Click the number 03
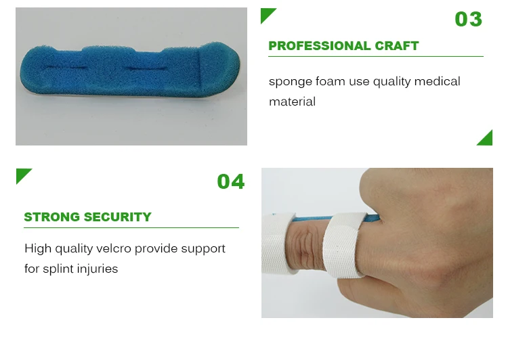pos(468,19)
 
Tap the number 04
pos(230,181)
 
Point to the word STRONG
pos(51,217)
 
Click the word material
pos(292,102)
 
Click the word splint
pos(58,269)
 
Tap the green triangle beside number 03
pos(268,16)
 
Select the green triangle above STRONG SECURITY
pos(24,176)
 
